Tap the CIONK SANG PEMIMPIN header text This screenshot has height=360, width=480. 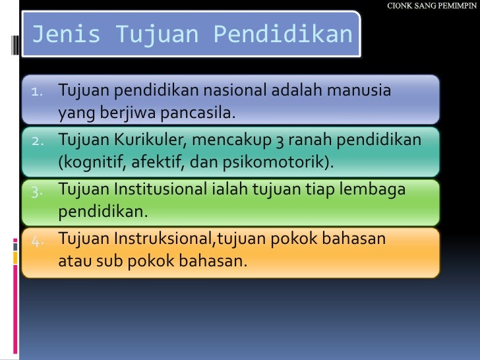[433, 6]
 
